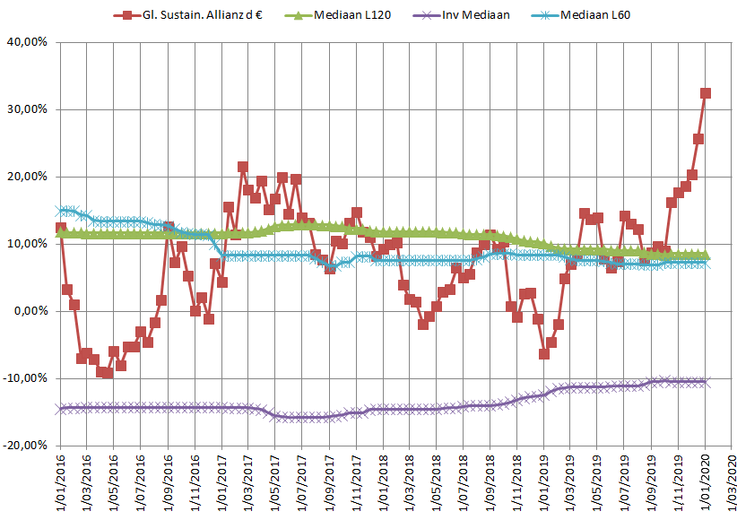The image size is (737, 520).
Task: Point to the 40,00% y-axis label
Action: tap(27, 42)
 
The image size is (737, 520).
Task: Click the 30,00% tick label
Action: tap(27, 109)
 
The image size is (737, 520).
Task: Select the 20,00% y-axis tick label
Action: tap(27, 177)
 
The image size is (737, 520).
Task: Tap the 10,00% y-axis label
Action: tap(27, 244)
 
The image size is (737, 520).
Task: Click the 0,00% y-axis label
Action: tap(30, 311)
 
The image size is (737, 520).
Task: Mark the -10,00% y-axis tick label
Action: tap(25, 378)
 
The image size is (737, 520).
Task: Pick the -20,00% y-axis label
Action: tap(25, 446)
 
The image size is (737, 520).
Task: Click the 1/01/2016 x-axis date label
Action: tap(60, 482)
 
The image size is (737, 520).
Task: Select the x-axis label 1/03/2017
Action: tap(248, 482)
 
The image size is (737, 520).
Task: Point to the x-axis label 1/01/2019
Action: tap(544, 482)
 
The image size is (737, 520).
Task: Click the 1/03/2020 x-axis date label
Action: tap(733, 482)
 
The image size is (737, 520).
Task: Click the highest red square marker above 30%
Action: tap(706, 92)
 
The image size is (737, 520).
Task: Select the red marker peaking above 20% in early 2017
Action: tap(243, 167)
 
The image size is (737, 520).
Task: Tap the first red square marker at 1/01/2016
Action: tap(60, 229)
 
